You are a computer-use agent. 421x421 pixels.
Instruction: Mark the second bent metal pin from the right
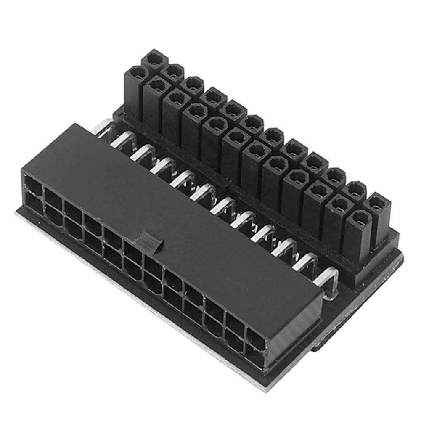[x=307, y=263]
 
